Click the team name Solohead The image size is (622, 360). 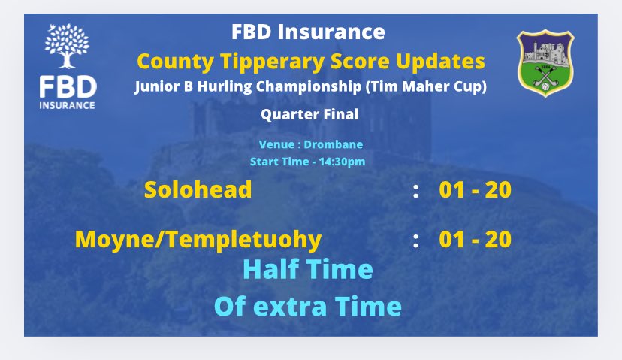pos(198,190)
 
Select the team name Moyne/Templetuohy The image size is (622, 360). pos(198,240)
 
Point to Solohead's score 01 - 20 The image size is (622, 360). pos(475,190)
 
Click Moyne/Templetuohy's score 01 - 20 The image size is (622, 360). pos(475,240)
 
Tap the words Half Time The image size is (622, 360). pos(307,268)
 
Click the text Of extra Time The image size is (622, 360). pos(307,307)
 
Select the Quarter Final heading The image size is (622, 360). pos(310,115)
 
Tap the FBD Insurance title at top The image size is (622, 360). pos(310,32)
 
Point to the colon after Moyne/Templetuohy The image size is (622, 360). pos(415,241)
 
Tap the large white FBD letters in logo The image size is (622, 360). pos(68,87)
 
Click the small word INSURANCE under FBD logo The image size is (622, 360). pos(68,105)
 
